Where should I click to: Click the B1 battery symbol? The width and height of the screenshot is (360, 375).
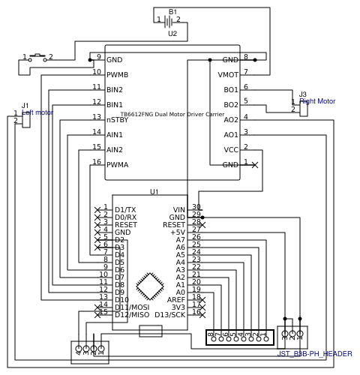tap(168, 21)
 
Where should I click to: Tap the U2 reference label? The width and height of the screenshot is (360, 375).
tap(172, 34)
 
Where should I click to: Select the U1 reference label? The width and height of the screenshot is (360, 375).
tap(154, 192)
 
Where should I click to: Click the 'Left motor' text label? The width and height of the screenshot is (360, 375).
tap(37, 112)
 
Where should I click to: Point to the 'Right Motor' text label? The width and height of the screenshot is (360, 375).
tap(317, 101)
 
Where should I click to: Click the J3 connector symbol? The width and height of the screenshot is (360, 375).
tap(303, 107)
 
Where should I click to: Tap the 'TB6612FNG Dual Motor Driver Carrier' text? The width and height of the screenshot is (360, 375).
tap(172, 114)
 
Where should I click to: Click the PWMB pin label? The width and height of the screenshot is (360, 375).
tap(117, 75)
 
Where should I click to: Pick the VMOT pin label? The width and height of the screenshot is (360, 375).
tap(228, 75)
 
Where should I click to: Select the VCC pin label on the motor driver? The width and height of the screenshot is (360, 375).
tap(231, 150)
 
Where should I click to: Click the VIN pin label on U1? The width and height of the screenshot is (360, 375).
tap(178, 210)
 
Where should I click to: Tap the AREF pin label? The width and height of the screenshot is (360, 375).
tap(176, 300)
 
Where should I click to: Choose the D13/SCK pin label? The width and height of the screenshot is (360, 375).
tap(169, 315)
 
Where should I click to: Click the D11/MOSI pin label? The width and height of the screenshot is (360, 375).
tap(132, 307)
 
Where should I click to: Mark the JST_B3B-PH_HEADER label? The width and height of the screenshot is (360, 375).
tap(314, 354)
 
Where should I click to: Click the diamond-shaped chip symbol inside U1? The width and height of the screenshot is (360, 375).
tap(150, 286)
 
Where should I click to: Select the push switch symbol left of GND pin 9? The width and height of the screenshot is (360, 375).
tap(37, 58)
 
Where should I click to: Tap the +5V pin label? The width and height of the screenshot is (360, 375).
tap(177, 232)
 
